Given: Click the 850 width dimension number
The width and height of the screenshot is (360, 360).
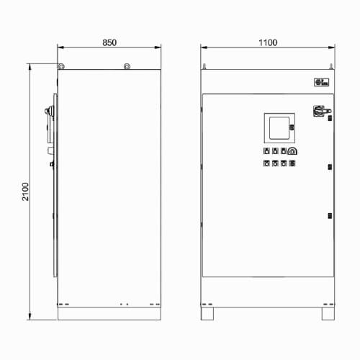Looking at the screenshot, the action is coord(109,42).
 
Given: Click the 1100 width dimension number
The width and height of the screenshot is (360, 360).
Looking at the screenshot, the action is coord(268,42).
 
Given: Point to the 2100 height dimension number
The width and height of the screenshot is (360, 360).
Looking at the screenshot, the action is coord(25,192).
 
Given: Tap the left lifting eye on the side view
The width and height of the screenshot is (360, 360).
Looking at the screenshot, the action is coord(61,66).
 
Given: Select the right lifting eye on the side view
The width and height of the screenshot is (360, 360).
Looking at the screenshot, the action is coord(127,66).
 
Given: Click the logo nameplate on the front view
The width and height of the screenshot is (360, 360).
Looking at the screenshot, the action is coord(321,82).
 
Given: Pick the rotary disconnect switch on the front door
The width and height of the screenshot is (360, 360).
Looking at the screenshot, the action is coord(322,111).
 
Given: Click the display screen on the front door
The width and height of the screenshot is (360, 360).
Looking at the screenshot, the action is coord(279,128).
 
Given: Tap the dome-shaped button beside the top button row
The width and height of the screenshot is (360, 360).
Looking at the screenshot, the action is coord(292,151).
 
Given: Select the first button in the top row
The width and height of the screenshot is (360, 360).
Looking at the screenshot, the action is coord(266,151).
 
